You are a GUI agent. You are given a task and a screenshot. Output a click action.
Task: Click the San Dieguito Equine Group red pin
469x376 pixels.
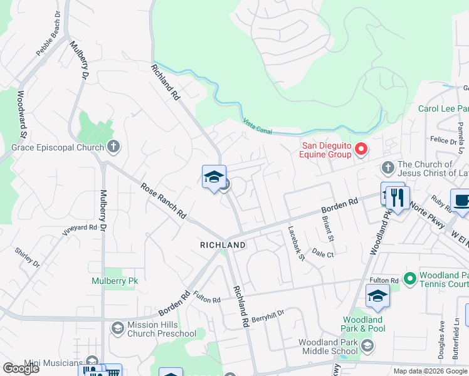coord(361,149)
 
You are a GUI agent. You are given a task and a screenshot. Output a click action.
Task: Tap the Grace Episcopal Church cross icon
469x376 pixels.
coord(113,147)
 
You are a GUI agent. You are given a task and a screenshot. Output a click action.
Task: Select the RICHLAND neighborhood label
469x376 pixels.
coord(223,244)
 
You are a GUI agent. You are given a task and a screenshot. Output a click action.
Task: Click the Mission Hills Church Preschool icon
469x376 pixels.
coord(117,328)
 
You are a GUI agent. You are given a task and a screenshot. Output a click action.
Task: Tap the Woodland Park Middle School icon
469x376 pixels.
coord(367,346)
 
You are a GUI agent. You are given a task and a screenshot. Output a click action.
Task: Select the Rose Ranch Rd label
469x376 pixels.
coord(164,200)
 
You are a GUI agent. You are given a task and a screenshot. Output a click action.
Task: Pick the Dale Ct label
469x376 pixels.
coord(322,254)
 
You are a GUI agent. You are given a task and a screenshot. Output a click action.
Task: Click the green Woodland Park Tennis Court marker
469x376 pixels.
coord(410,277)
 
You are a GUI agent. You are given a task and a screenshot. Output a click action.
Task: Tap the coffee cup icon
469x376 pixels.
coord(462,201)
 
